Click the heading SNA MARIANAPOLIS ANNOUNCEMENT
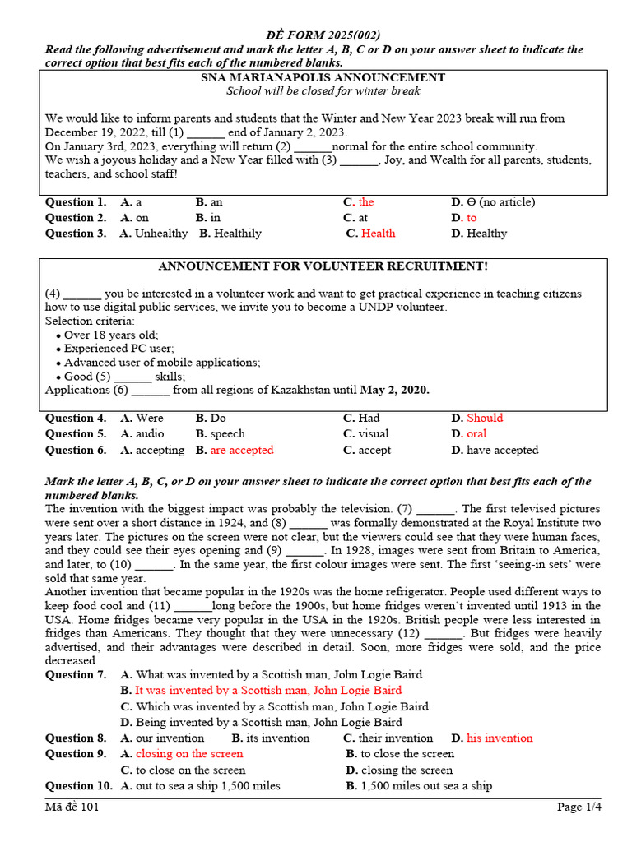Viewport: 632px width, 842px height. (x=323, y=77)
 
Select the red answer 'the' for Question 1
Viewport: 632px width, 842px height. (x=366, y=202)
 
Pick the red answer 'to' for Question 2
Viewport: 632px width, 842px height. (x=472, y=218)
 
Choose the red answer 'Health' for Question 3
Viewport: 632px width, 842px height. (x=379, y=234)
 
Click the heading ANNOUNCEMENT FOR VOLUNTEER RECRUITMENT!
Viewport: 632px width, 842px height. (x=323, y=266)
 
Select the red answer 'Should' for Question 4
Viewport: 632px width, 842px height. (x=485, y=418)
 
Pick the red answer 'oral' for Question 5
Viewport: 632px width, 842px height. (x=476, y=433)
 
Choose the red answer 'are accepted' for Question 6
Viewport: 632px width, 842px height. (x=242, y=450)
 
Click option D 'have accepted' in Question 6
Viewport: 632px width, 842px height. (x=503, y=450)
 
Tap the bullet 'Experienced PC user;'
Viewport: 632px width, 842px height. (x=119, y=349)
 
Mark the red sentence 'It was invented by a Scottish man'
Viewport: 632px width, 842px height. (x=268, y=691)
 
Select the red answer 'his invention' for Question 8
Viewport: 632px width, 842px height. (x=500, y=738)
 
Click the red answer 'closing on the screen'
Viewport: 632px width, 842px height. (x=189, y=754)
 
